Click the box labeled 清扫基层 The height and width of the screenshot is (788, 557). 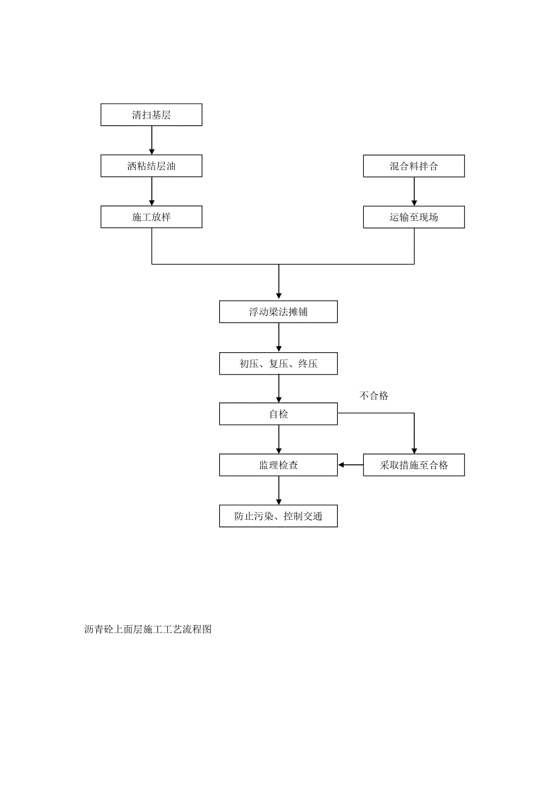151,115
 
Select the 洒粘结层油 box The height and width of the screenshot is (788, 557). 151,166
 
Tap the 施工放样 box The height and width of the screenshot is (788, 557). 151,217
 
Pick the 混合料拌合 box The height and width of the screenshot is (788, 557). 414,166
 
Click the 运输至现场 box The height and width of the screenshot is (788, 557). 414,217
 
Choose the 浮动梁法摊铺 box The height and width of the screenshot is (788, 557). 278,312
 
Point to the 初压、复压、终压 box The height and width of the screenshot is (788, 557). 278,364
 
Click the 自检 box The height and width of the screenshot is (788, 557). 278,415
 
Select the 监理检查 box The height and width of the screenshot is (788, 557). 278,465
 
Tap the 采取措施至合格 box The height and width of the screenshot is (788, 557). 414,465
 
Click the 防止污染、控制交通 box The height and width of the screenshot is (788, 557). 278,517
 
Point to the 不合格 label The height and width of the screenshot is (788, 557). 374,396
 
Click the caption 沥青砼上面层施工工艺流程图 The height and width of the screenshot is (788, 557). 148,629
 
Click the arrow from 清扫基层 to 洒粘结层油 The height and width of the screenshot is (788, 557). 151,140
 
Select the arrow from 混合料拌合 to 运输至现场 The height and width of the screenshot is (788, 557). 414,191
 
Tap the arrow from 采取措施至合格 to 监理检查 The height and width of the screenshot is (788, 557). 351,465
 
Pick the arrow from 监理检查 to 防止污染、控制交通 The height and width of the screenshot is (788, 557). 278,491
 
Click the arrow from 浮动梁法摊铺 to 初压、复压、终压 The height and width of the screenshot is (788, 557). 278,338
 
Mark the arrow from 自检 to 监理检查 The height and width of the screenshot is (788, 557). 278,440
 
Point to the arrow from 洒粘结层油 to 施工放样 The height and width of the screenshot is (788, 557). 151,191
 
